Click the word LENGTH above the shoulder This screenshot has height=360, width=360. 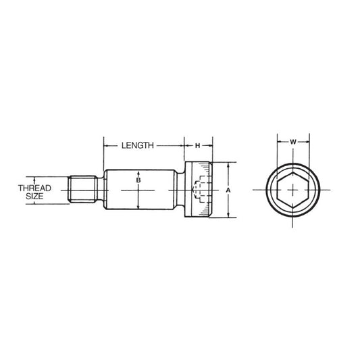pyautogui.click(x=138, y=145)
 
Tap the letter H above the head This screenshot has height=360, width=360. pyautogui.click(x=198, y=145)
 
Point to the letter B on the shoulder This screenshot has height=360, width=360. pyautogui.click(x=138, y=181)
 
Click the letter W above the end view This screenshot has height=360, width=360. pyautogui.click(x=293, y=142)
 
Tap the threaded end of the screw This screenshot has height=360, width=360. pyautogui.click(x=84, y=190)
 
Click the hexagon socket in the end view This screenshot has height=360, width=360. pyautogui.click(x=294, y=190)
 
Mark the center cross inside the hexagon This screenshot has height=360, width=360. pyautogui.click(x=294, y=190)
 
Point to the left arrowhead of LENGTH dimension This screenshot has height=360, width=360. pyautogui.click(x=105, y=145)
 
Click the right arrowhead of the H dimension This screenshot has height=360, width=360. pyautogui.click(x=211, y=145)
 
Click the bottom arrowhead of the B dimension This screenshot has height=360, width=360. pyautogui.click(x=138, y=208)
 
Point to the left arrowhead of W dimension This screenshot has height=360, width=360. pyautogui.click(x=279, y=142)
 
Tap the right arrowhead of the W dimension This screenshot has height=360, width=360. pyautogui.click(x=309, y=142)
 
